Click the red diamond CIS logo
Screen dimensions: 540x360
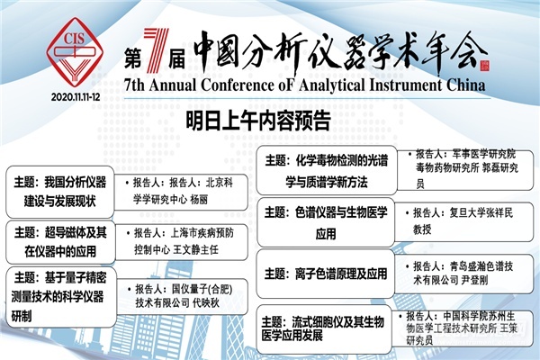click(x=75, y=51)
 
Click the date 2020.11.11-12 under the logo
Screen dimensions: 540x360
click(x=76, y=97)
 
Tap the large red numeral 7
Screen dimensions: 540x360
click(x=156, y=50)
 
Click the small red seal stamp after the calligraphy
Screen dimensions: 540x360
click(x=484, y=66)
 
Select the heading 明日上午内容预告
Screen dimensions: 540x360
click(x=258, y=121)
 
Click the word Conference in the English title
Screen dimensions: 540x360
click(x=237, y=85)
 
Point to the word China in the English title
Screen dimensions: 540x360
click(x=466, y=85)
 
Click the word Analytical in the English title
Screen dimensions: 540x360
click(x=331, y=85)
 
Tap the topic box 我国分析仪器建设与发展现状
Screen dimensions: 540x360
click(x=60, y=192)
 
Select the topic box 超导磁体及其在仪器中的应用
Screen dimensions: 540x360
click(x=60, y=242)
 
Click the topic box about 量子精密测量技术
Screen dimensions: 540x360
click(x=61, y=297)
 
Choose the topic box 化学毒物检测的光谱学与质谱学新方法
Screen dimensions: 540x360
click(x=327, y=170)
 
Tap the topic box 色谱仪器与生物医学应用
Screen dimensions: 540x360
click(x=326, y=222)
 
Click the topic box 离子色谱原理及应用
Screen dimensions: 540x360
click(x=326, y=274)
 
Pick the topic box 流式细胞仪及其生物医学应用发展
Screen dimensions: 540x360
click(x=324, y=329)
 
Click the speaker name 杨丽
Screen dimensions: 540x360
click(x=199, y=200)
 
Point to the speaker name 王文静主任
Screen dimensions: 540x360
click(x=195, y=249)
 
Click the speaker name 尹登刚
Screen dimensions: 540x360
click(x=474, y=281)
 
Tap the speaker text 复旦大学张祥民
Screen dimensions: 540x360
click(x=481, y=213)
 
